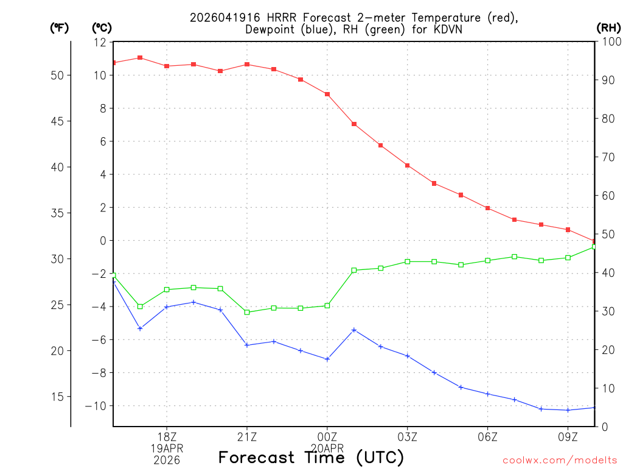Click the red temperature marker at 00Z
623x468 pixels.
point(327,94)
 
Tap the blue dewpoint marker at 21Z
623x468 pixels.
point(247,345)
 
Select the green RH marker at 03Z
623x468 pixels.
point(408,261)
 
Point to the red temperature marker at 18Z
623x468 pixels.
point(167,66)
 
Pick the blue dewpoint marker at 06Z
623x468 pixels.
point(488,394)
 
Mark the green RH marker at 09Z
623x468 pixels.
point(568,258)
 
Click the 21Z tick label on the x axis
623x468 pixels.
point(247,437)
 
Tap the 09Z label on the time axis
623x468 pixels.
point(568,437)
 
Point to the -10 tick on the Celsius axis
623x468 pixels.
point(97,406)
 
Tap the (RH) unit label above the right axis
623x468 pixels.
point(608,28)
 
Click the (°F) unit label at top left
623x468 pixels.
point(60,28)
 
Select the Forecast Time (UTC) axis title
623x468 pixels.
point(311,457)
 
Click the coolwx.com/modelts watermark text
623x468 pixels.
point(560,460)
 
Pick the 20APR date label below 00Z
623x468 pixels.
point(327,448)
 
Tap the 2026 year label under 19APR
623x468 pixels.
point(167,459)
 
